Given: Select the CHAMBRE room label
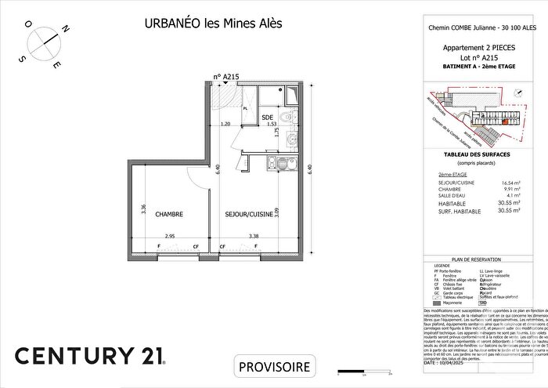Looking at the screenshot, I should point(169,213).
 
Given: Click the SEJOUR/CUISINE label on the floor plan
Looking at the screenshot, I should point(248,213).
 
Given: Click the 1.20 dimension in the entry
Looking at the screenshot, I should point(225,125).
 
